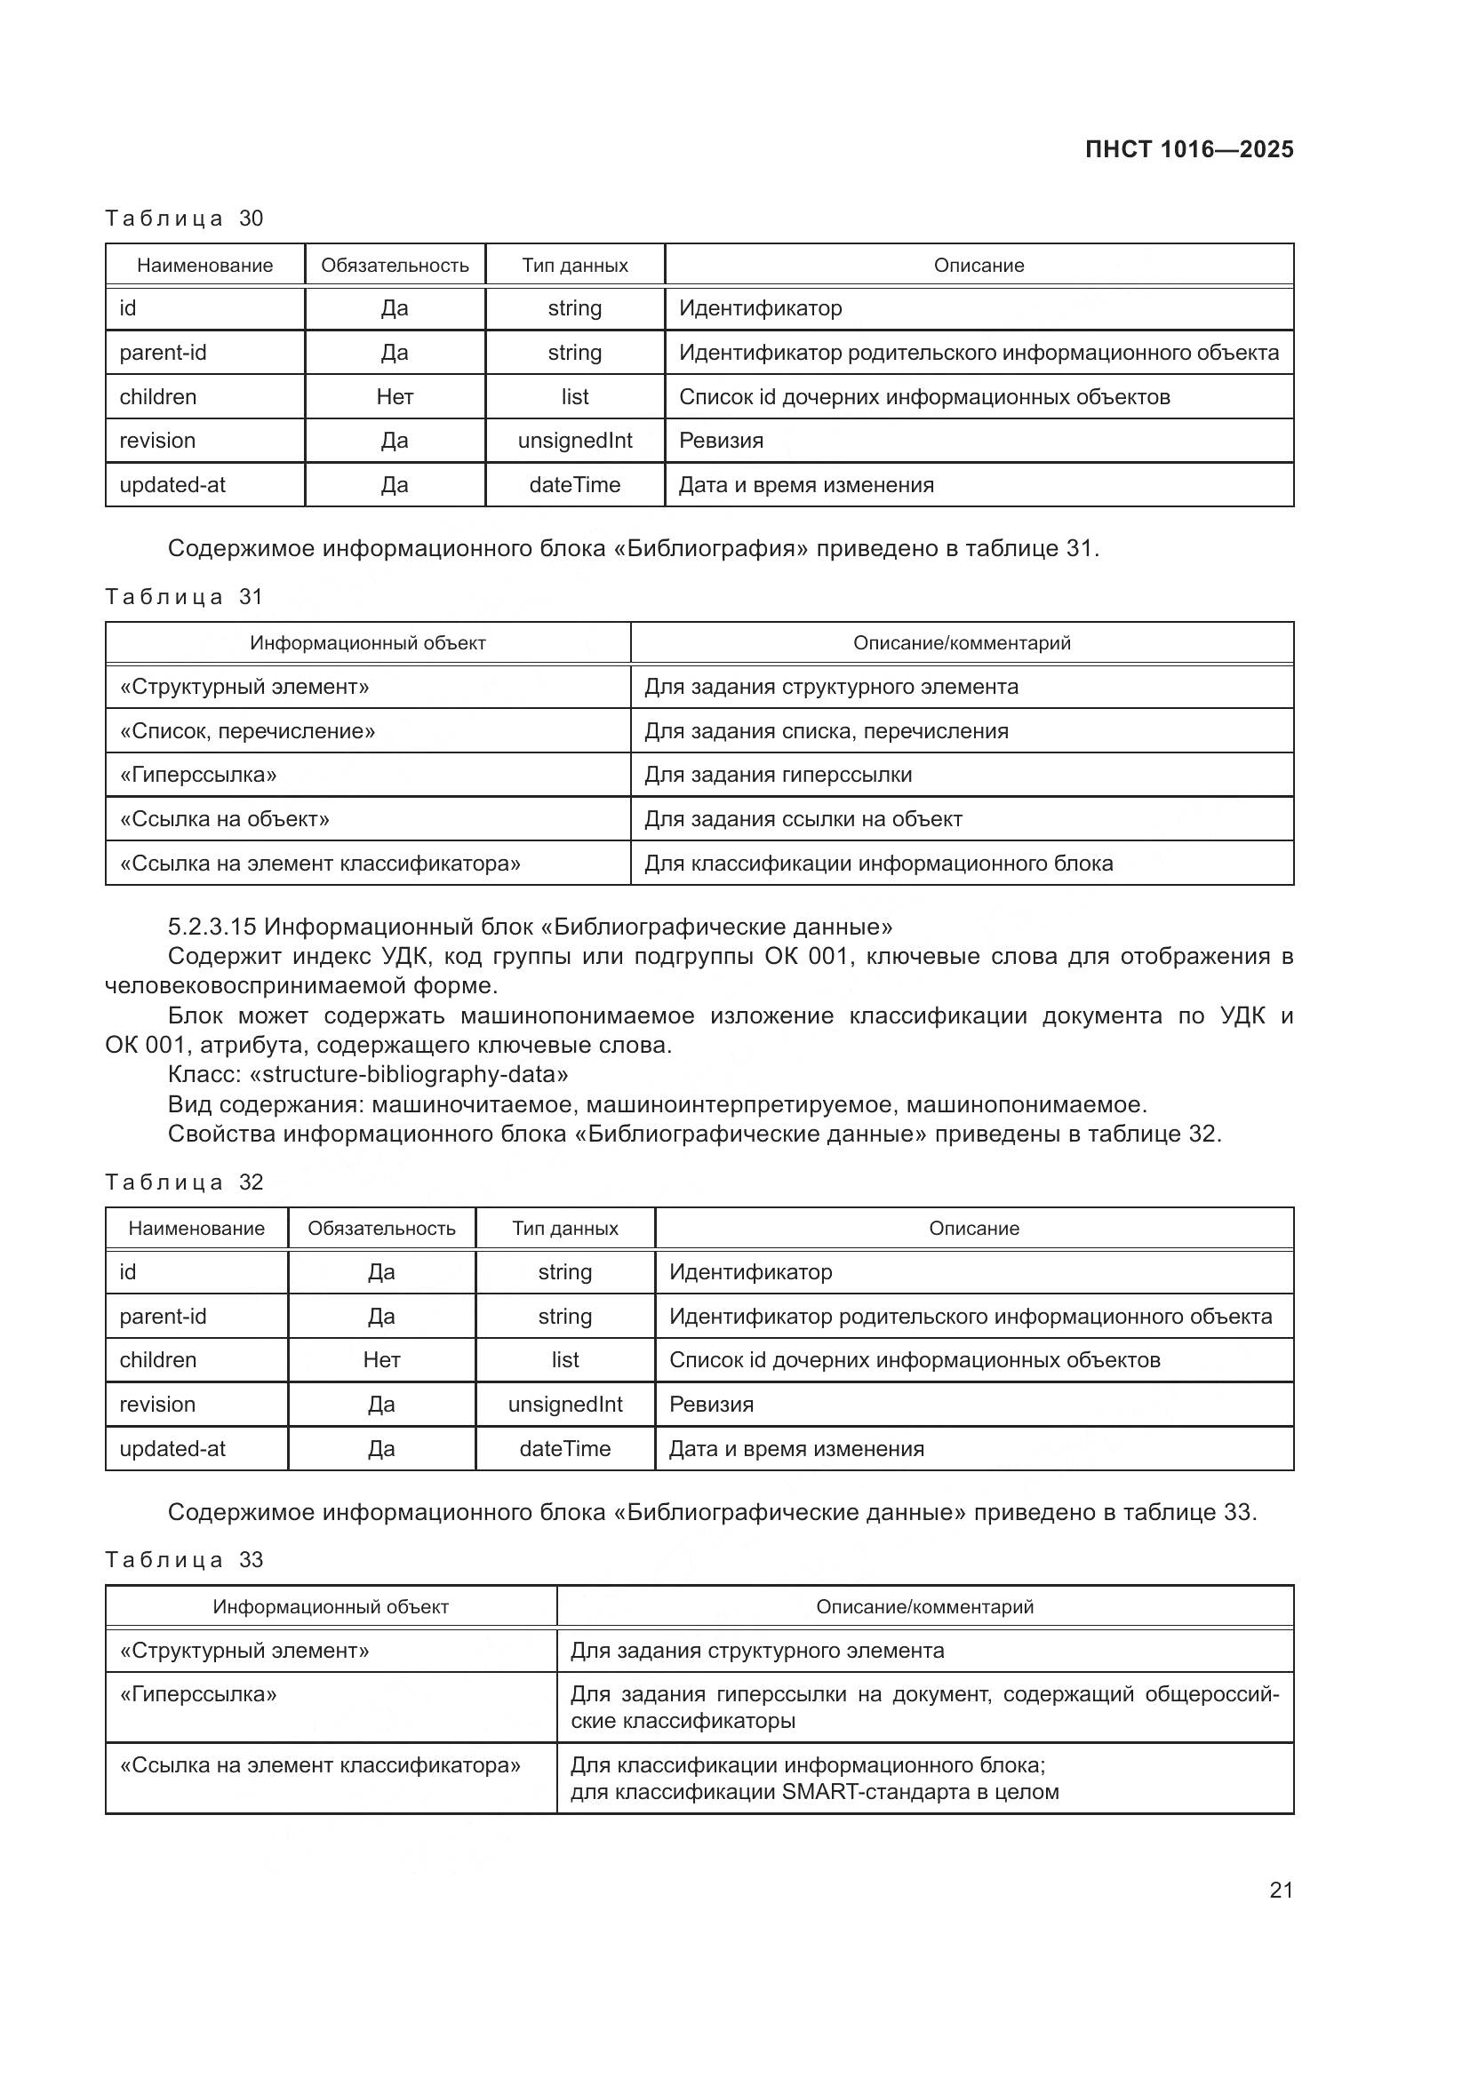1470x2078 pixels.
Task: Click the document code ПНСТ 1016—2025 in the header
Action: (1188, 149)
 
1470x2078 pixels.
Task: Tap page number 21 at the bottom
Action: (1281, 1890)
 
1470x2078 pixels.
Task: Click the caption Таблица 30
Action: (184, 219)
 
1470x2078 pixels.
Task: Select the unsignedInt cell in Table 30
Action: (575, 441)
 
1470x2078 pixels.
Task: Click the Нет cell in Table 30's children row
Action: (395, 396)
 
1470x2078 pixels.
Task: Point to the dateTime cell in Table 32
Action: (565, 1448)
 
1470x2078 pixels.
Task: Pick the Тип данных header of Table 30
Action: (575, 265)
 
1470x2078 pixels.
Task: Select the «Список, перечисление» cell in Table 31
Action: (247, 730)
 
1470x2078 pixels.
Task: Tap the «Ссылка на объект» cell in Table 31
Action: (225, 819)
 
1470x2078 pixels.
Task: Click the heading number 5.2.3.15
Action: (212, 927)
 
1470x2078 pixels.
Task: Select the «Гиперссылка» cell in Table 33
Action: (198, 1694)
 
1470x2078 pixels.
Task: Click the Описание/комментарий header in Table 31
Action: (962, 642)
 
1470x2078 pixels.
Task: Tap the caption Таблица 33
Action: (184, 1559)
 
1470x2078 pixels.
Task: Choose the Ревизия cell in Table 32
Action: (712, 1404)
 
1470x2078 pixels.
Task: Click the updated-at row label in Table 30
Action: (172, 485)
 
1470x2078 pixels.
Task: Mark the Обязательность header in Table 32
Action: (381, 1228)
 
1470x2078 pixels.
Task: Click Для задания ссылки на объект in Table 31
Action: (803, 819)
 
